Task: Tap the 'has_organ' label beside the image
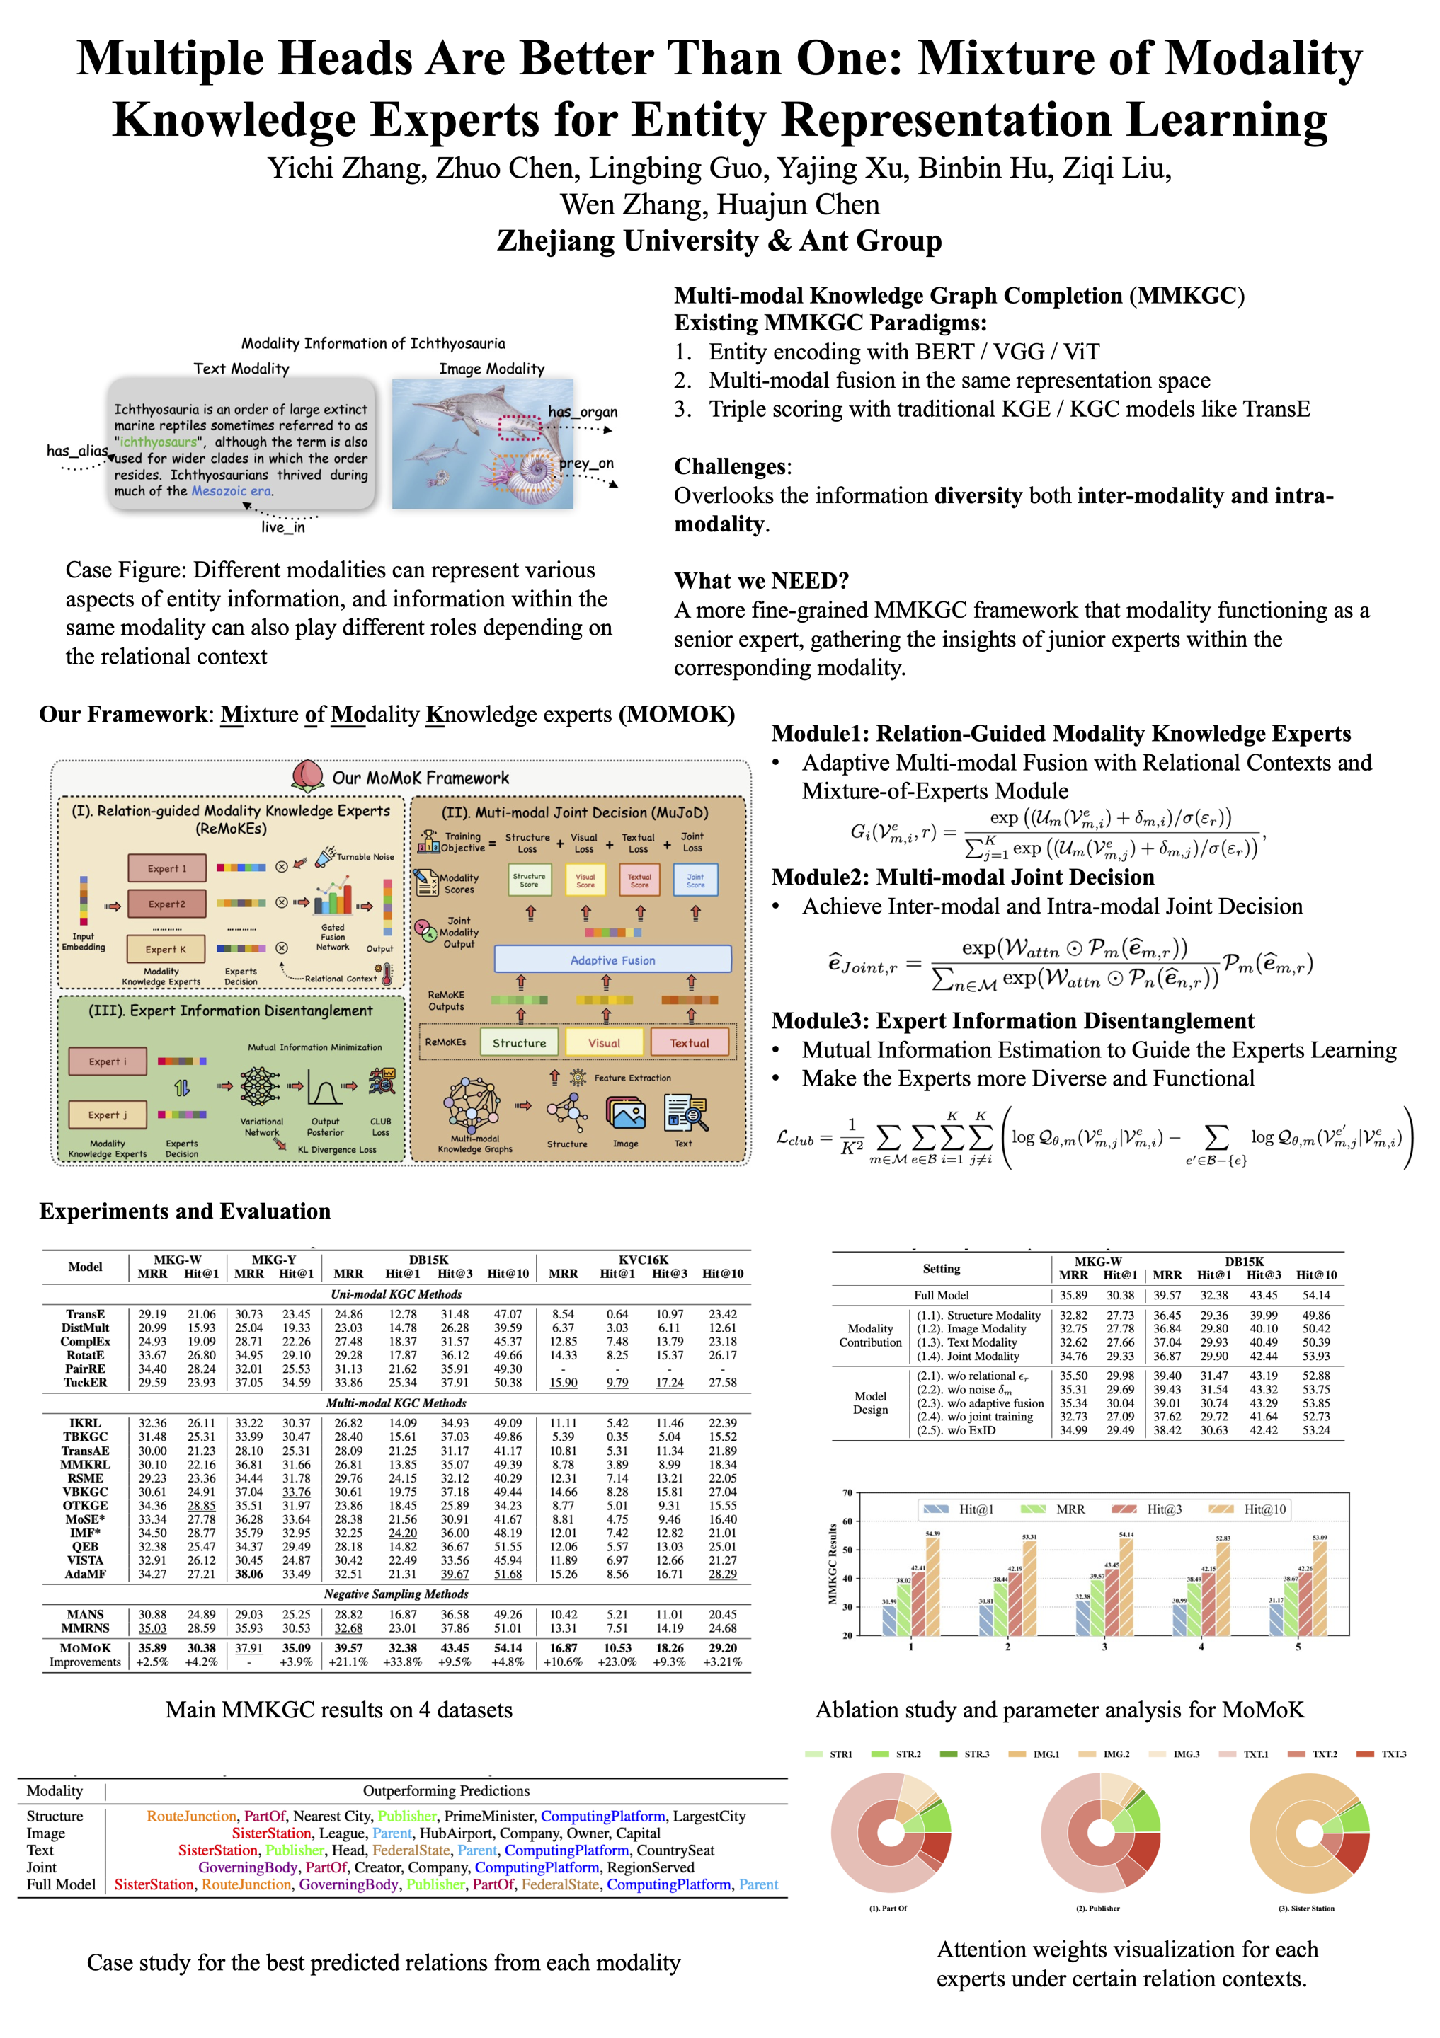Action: tap(583, 412)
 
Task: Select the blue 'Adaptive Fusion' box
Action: tap(612, 960)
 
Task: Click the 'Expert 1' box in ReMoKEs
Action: tap(167, 868)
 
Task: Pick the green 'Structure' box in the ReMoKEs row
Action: tap(520, 1043)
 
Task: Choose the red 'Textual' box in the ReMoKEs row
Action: tap(689, 1043)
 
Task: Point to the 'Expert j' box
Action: tap(108, 1115)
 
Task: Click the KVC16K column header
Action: tap(644, 1260)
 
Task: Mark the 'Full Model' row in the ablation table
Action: tap(941, 1295)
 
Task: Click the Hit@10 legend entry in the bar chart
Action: tap(1264, 1509)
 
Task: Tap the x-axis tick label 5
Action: tap(1298, 1647)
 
